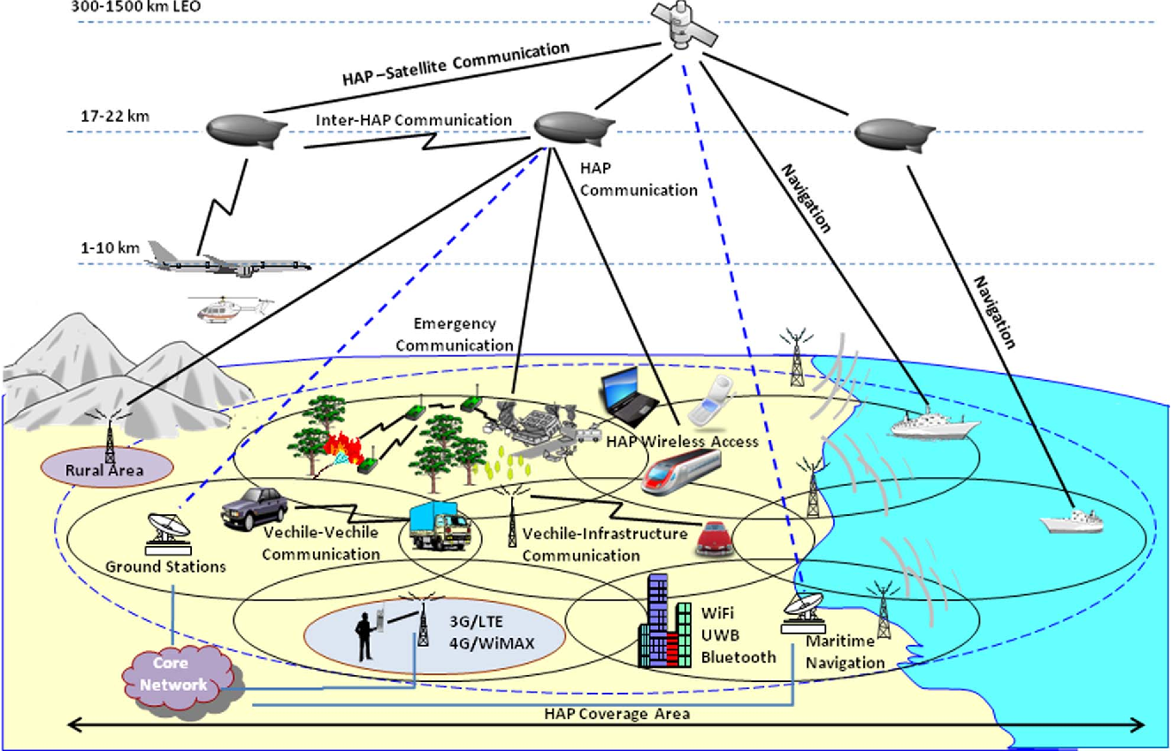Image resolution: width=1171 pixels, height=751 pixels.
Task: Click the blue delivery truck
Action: tap(440, 527)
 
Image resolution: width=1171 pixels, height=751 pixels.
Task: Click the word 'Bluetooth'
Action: tap(739, 656)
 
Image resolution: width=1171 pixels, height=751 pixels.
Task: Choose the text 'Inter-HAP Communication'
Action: tap(414, 120)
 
